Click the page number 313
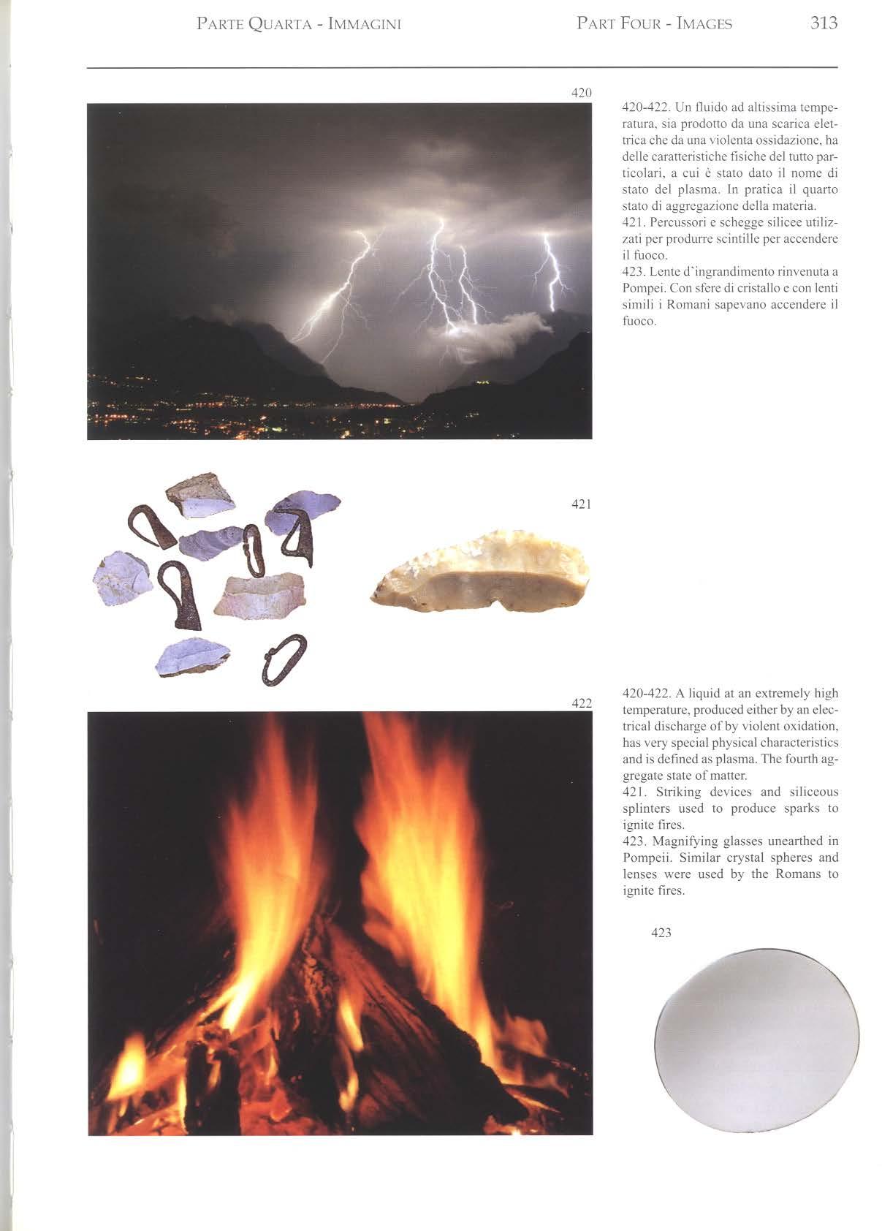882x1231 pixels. [824, 23]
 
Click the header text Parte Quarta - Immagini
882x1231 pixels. [299, 24]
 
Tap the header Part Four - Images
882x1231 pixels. [654, 24]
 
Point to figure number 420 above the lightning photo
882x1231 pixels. [581, 93]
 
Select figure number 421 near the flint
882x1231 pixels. [581, 504]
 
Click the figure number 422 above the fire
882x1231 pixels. [581, 703]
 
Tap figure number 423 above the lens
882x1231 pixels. [661, 933]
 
